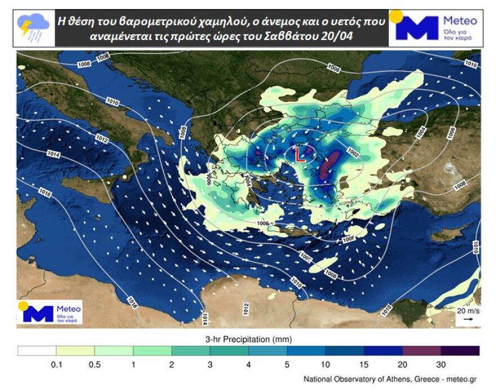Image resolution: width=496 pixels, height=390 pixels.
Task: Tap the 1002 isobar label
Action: click(x=353, y=152)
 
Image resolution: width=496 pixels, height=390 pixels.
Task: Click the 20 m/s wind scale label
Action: click(x=468, y=311)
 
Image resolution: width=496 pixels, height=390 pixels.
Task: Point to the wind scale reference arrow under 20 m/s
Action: click(x=468, y=320)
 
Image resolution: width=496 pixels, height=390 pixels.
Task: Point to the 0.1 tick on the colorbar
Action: click(x=56, y=364)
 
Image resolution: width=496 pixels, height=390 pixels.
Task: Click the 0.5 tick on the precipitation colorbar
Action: click(x=95, y=364)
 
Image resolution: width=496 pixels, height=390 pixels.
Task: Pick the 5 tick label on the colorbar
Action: click(x=287, y=364)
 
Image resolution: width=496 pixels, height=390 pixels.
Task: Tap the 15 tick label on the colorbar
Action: click(x=364, y=364)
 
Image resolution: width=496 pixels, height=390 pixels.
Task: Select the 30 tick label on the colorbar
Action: click(x=440, y=364)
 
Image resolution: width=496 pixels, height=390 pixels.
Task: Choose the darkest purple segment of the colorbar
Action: click(x=459, y=351)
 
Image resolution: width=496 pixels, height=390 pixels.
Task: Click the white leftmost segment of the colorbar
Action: click(x=37, y=351)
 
